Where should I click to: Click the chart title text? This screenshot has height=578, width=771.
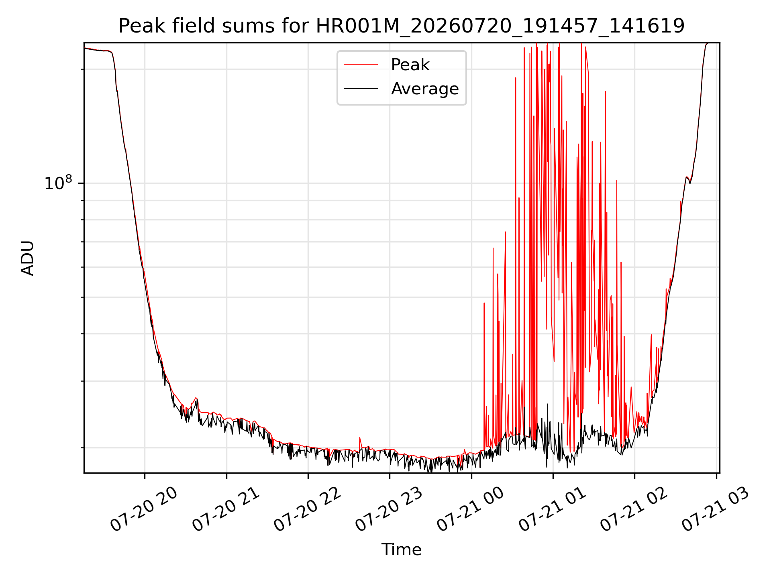click(401, 26)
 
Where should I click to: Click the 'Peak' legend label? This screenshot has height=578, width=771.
click(410, 65)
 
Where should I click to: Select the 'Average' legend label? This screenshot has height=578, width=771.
click(425, 89)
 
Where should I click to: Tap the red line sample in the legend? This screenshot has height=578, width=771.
click(361, 64)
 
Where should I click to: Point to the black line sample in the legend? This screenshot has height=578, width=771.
click(361, 88)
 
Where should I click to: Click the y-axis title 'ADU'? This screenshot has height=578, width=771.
click(28, 258)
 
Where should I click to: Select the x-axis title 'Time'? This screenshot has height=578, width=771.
click(401, 550)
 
